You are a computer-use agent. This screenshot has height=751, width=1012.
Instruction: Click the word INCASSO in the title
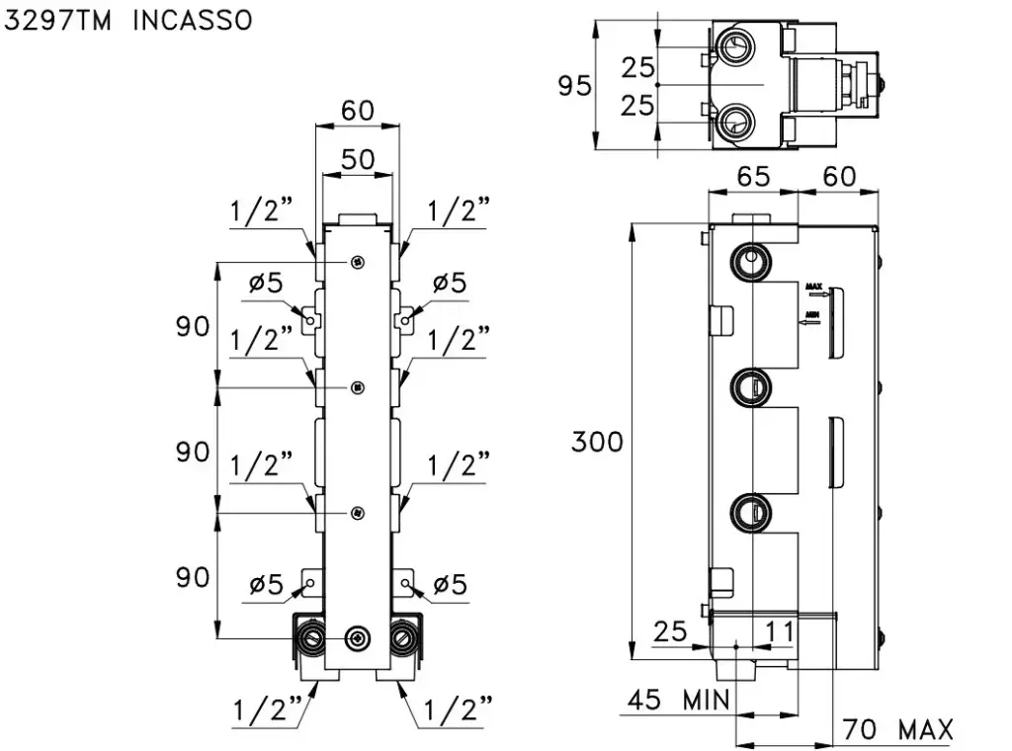coord(192,20)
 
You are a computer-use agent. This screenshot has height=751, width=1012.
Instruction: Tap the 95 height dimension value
coord(574,86)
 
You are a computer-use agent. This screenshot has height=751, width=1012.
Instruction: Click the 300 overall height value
coord(597,442)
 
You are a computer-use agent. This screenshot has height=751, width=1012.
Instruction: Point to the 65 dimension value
coord(753,177)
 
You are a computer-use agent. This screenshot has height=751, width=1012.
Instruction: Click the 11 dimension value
coord(780,631)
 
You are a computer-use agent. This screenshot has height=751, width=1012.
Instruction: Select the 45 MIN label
coord(679,701)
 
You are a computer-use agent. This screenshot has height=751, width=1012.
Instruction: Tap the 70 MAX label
coord(897,730)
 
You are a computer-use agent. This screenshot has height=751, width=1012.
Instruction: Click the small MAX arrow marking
coord(815,289)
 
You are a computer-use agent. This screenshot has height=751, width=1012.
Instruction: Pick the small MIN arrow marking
coord(812,316)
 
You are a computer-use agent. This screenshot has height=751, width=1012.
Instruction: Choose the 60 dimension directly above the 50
coord(358,111)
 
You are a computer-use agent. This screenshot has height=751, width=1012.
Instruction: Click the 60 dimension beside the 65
coord(839,177)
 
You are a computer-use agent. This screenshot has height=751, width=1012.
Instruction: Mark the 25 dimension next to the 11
coord(671,631)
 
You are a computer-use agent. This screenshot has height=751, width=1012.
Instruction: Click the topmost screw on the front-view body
coord(357,262)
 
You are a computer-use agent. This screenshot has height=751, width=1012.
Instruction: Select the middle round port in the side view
coord(750,386)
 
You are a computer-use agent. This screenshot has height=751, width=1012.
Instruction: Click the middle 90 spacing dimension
coord(194,452)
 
